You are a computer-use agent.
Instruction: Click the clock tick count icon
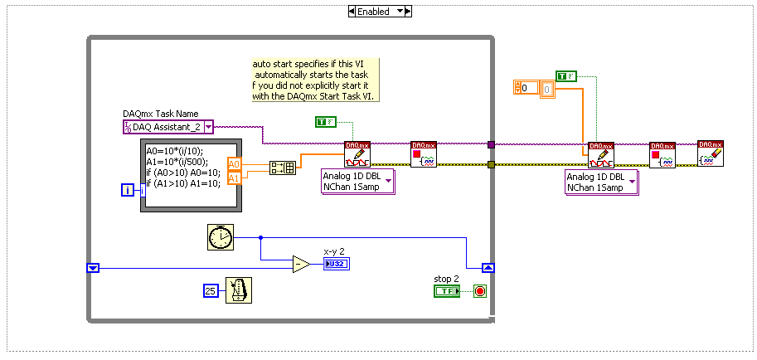click(x=220, y=237)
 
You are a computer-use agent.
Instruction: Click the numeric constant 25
click(x=211, y=290)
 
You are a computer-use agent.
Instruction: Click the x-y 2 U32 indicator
click(x=337, y=265)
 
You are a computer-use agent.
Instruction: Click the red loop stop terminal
click(x=480, y=291)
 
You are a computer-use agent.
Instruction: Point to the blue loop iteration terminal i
click(x=127, y=191)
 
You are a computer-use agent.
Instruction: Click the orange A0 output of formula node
click(x=234, y=164)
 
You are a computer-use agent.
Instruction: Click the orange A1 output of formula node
click(x=234, y=178)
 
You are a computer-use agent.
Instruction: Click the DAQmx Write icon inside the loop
click(x=357, y=154)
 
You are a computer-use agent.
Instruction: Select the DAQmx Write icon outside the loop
click(x=600, y=155)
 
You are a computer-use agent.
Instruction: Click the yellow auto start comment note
click(x=315, y=80)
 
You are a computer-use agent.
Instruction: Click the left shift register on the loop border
click(x=93, y=267)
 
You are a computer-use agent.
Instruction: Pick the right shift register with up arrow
click(x=488, y=267)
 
